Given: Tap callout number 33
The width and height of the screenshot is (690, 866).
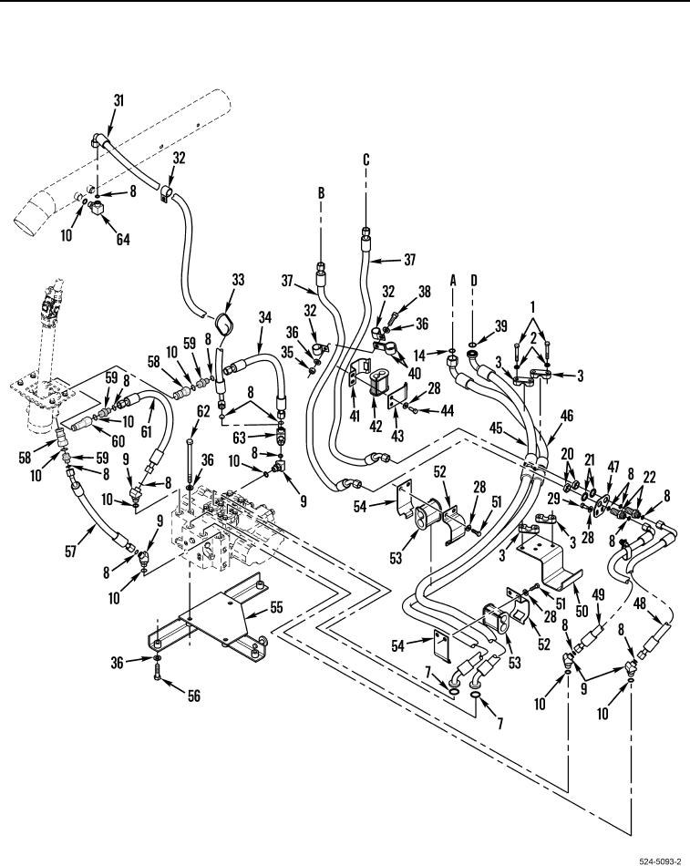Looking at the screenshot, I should [238, 282].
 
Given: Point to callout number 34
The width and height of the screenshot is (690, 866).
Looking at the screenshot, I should [265, 318].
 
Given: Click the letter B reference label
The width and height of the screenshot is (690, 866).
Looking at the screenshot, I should [321, 194].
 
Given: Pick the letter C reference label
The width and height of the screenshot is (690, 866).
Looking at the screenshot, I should [366, 160].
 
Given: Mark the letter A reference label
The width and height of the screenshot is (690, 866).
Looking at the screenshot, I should [453, 308].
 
